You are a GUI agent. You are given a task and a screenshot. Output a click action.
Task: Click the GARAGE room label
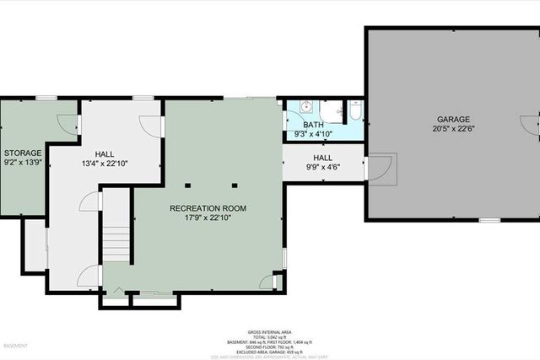pyautogui.click(x=453, y=120)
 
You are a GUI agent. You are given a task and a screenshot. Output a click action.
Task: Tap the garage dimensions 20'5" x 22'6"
pyautogui.click(x=453, y=129)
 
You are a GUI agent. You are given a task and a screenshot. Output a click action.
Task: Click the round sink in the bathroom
pyautogui.click(x=305, y=107)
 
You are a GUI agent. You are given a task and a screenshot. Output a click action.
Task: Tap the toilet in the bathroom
pyautogui.click(x=355, y=110)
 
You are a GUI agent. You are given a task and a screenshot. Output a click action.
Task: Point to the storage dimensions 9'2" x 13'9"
pyautogui.click(x=22, y=162)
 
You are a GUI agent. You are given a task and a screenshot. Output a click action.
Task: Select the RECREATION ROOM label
pyautogui.click(x=208, y=207)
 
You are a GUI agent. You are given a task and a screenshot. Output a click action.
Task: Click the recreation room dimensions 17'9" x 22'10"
pyautogui.click(x=208, y=218)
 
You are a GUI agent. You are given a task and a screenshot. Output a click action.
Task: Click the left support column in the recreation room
pyautogui.click(x=192, y=183)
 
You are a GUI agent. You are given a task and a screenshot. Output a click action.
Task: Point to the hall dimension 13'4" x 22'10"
pyautogui.click(x=105, y=164)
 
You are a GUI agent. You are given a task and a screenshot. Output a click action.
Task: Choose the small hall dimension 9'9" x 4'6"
pyautogui.click(x=323, y=167)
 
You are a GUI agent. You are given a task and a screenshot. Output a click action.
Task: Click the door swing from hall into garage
pyautogui.click(x=380, y=166)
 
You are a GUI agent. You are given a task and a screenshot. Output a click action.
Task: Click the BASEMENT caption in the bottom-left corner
pyautogui.click(x=16, y=347)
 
